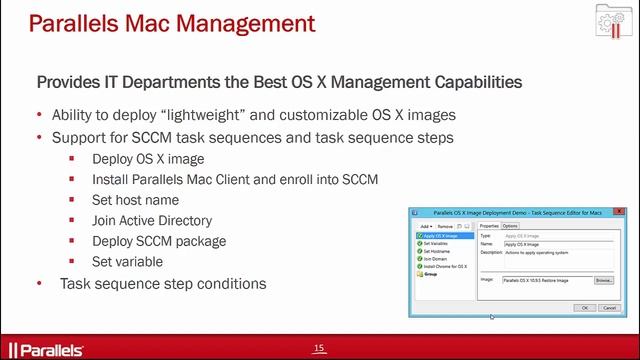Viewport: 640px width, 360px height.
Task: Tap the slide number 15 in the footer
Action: (x=319, y=348)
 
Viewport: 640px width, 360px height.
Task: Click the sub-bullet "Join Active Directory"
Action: (x=152, y=220)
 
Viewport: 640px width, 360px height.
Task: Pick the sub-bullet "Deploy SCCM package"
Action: (x=159, y=241)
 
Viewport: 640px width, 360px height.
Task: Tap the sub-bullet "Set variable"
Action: (x=127, y=261)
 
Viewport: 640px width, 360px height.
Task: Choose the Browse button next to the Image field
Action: (x=603, y=281)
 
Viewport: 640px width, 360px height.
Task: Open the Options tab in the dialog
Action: (x=510, y=226)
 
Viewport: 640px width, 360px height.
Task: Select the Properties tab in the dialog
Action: (x=489, y=226)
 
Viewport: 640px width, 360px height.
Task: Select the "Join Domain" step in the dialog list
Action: (x=433, y=258)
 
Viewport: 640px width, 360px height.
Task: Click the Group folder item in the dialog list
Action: (x=429, y=273)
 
